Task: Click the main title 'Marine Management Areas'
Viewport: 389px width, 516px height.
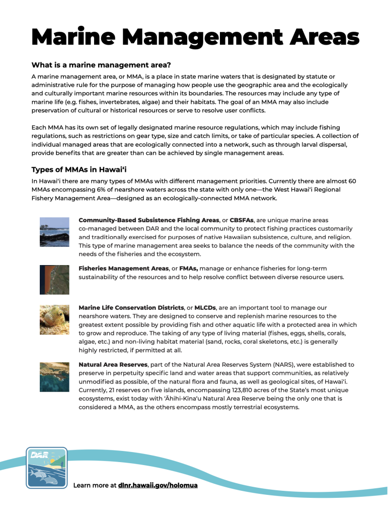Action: [x=195, y=37]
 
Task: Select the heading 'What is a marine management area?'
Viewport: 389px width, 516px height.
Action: [x=101, y=65]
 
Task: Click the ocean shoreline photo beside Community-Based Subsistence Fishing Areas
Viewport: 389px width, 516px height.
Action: [x=54, y=232]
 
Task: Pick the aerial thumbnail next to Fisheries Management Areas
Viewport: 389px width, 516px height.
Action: [x=54, y=280]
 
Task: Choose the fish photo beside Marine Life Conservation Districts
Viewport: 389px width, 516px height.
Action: [x=54, y=320]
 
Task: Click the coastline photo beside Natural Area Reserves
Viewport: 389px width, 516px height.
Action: [x=54, y=376]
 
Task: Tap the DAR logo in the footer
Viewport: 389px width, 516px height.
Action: [x=46, y=467]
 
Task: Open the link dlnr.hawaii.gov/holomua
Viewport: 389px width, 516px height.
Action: [x=158, y=485]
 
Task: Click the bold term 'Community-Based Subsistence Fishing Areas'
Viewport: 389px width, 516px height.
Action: [x=149, y=220]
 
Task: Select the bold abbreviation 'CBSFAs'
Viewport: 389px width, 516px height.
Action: [x=242, y=220]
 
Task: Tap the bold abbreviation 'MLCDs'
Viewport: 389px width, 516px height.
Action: [x=205, y=307]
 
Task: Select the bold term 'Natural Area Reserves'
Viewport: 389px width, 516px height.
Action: [x=113, y=364]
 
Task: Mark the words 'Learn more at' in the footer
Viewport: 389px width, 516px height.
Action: [x=95, y=485]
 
